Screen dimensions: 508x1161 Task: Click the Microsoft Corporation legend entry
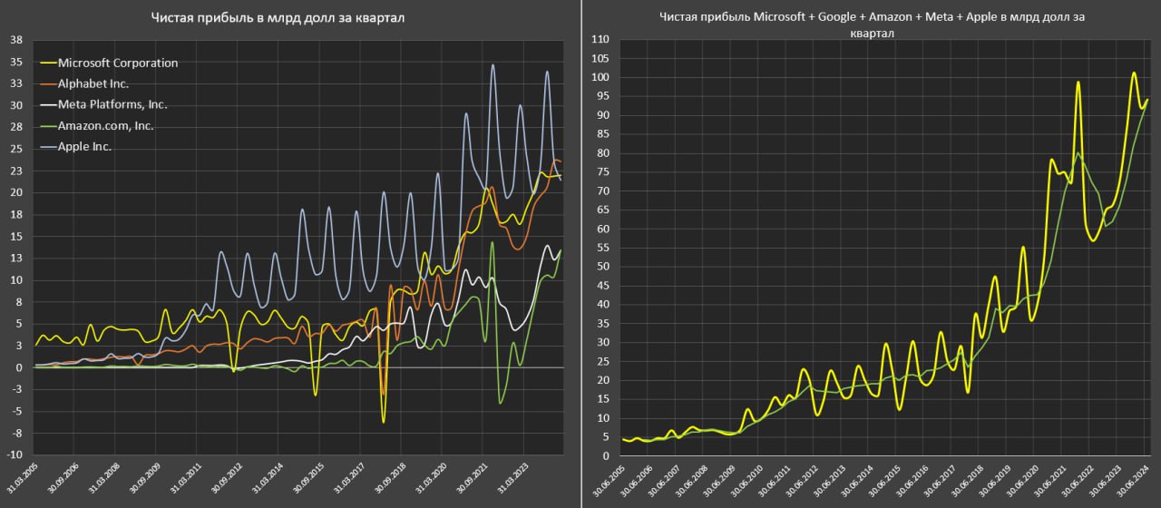click(x=118, y=63)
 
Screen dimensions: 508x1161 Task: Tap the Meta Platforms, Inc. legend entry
click(x=112, y=104)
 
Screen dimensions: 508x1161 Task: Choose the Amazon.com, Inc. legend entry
click(x=105, y=125)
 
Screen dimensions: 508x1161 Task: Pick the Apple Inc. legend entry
click(x=84, y=146)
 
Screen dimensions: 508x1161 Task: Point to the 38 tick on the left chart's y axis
click(x=15, y=40)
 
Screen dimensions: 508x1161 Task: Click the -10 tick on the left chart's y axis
click(x=15, y=454)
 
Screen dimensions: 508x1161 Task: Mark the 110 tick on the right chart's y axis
click(x=600, y=40)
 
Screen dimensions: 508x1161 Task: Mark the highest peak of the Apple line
click(x=493, y=65)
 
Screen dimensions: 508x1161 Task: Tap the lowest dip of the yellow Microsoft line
click(x=384, y=422)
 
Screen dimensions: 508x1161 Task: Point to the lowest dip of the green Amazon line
click(x=501, y=404)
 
